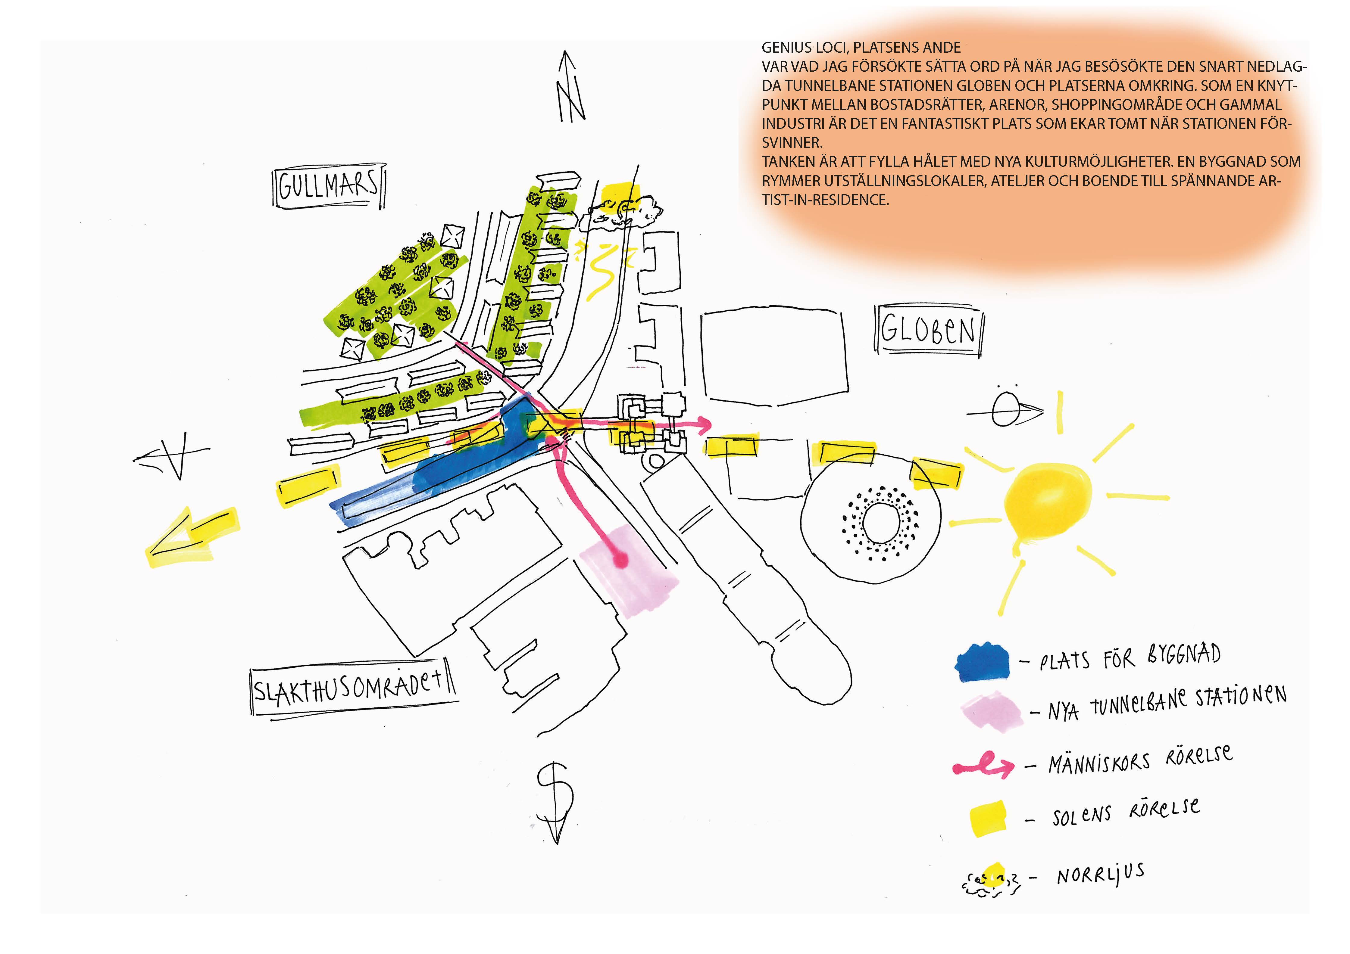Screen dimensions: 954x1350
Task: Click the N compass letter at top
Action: tap(570, 88)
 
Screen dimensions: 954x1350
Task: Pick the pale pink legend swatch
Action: tap(991, 711)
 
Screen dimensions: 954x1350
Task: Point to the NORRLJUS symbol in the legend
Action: tap(991, 879)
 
